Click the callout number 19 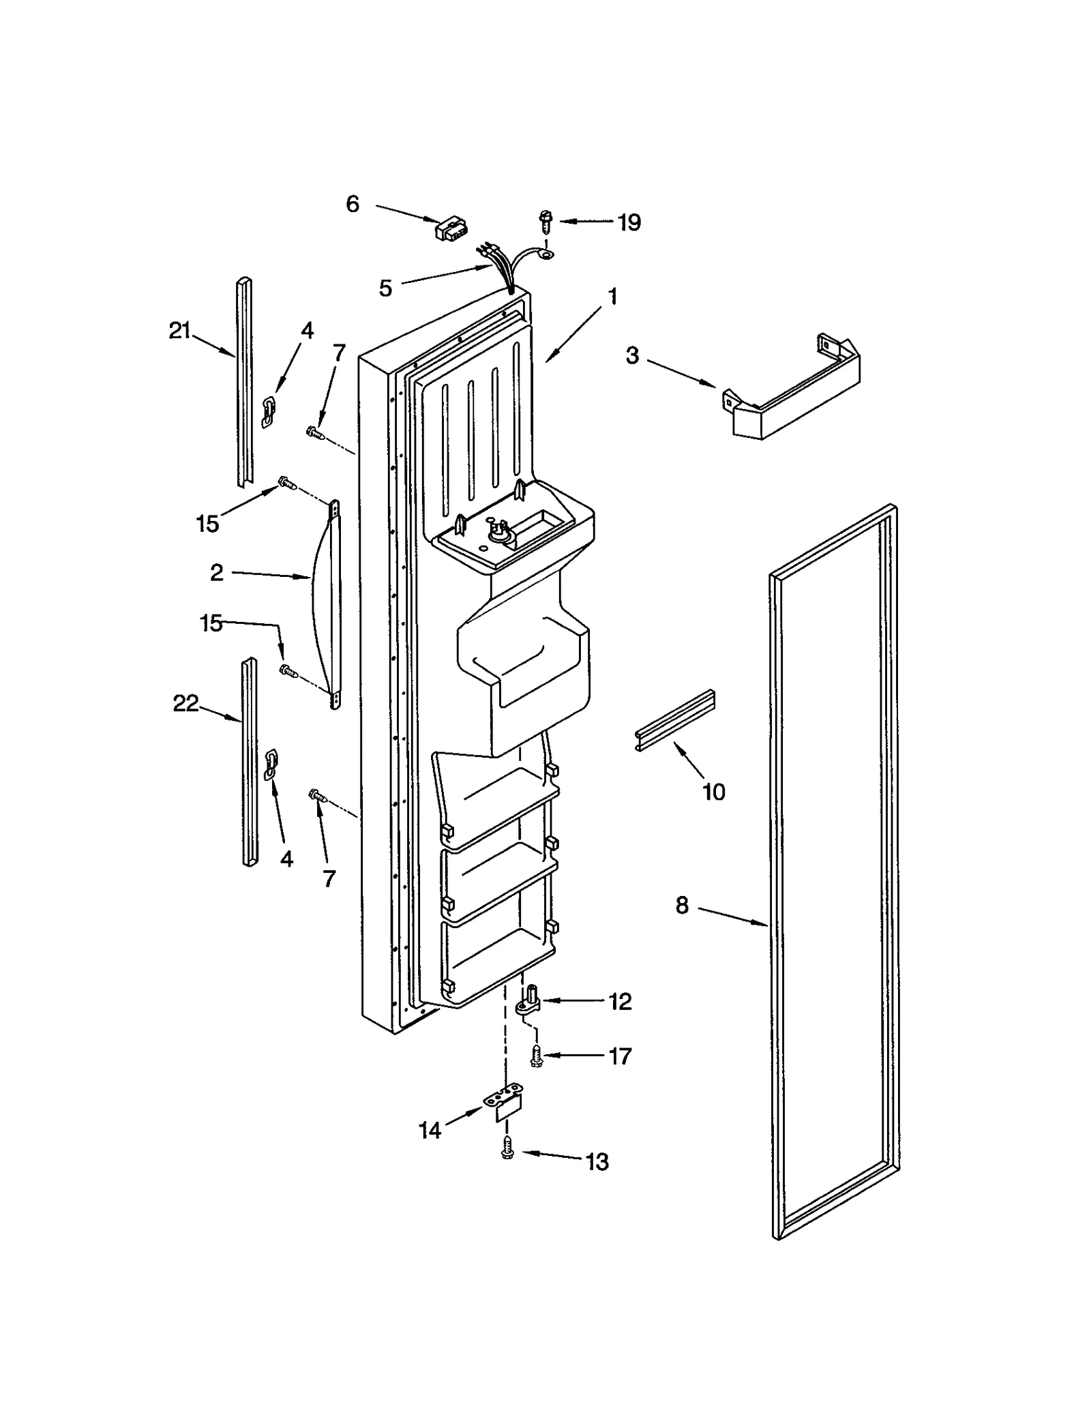click(x=629, y=222)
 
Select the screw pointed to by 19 click(x=545, y=220)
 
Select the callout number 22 click(x=185, y=703)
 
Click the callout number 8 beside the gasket click(x=682, y=906)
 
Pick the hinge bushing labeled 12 click(x=530, y=1002)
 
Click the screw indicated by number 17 click(x=536, y=1056)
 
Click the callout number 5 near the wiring click(x=386, y=288)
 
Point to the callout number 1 click(x=612, y=297)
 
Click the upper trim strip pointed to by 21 click(x=244, y=382)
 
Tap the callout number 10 click(x=713, y=792)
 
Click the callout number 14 click(x=430, y=1131)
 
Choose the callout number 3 click(x=633, y=355)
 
